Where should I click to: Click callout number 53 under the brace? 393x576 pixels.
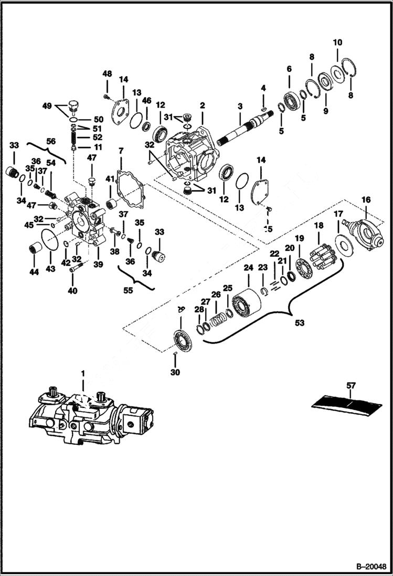299,323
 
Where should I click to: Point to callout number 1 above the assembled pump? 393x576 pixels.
82,373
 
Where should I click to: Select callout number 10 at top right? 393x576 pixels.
337,42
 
